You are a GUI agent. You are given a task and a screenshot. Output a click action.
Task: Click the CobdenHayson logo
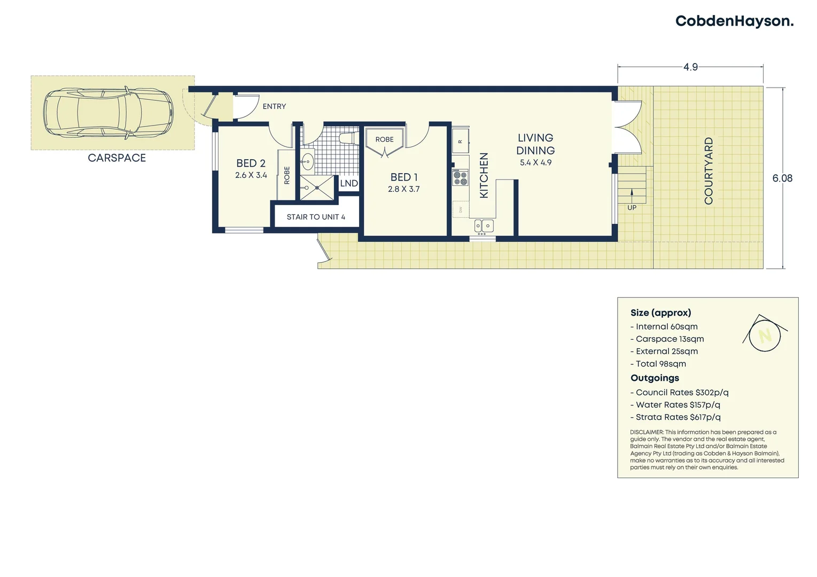[734, 21]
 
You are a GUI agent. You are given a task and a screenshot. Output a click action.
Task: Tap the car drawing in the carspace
[108, 113]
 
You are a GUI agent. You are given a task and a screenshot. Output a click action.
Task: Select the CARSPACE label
[116, 158]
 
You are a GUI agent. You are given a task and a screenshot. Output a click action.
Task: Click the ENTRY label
[274, 106]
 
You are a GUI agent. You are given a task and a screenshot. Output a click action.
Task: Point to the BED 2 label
[251, 163]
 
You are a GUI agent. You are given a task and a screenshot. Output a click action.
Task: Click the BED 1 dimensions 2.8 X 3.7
[403, 189]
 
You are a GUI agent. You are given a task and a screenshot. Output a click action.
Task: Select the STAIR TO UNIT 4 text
[315, 217]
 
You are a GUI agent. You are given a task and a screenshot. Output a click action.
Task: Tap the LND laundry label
[349, 183]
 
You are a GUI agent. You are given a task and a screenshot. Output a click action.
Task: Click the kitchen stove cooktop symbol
[460, 178]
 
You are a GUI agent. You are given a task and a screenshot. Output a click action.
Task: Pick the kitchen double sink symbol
[484, 226]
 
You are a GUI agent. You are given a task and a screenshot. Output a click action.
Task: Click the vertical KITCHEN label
[484, 176]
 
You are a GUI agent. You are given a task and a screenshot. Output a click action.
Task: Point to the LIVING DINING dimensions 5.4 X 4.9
[535, 162]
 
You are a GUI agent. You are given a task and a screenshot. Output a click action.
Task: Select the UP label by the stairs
[632, 208]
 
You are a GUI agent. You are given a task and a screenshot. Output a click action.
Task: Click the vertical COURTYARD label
[709, 171]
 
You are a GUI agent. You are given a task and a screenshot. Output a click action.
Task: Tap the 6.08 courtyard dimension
[782, 178]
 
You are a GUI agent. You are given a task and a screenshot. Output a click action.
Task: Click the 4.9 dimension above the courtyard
[690, 67]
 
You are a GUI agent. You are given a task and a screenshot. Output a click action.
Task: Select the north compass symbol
[765, 335]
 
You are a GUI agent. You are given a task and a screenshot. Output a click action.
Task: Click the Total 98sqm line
[660, 364]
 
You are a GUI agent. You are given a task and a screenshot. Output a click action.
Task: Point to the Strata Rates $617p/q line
[678, 417]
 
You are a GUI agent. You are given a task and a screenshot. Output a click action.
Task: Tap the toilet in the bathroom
[348, 138]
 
